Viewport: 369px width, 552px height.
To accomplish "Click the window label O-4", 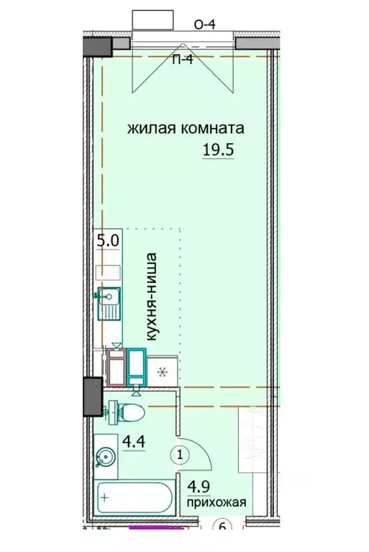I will coord(206,24).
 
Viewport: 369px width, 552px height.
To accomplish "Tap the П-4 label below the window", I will coord(181,60).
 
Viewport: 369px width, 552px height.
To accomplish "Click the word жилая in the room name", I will coord(150,130).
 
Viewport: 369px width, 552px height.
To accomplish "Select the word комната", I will coord(210,130).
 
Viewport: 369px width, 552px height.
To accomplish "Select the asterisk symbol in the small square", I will coord(163,373).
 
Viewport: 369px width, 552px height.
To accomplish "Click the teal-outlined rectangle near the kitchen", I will coord(137,366).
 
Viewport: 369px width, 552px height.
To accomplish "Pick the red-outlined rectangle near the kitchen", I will coord(117,367).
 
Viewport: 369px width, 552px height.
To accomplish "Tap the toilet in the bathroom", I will coord(129,412).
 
